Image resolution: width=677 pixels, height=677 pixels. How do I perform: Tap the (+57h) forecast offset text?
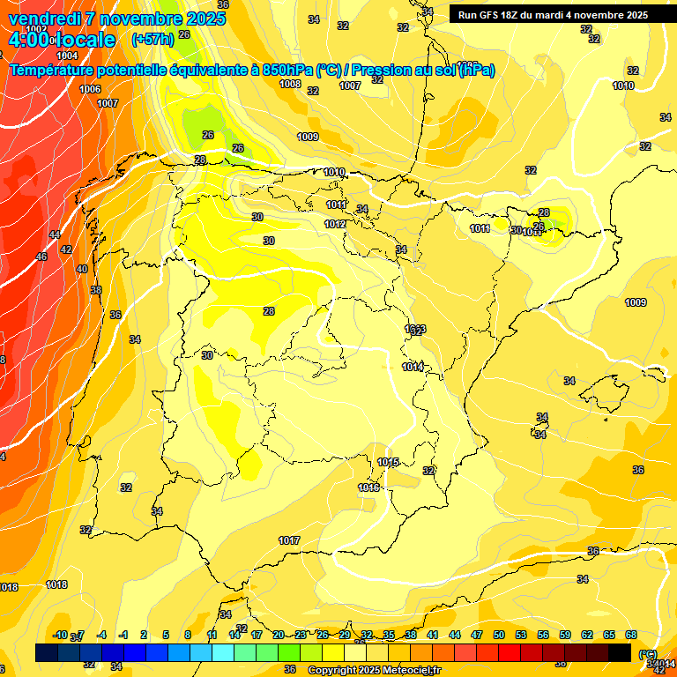(x=151, y=40)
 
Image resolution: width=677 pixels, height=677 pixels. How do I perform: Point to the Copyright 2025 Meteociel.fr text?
(x=374, y=670)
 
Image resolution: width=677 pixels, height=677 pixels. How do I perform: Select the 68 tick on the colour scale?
(x=631, y=635)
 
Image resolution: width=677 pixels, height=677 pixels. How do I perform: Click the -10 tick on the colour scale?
(x=60, y=635)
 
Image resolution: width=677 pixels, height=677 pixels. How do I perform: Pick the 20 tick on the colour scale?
(x=279, y=635)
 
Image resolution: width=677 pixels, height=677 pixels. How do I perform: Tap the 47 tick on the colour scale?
(x=477, y=635)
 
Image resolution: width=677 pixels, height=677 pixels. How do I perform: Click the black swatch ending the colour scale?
(x=620, y=652)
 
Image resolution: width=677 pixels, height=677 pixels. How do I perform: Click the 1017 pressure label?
(x=289, y=540)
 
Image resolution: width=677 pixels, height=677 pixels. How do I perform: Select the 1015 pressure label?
(x=388, y=462)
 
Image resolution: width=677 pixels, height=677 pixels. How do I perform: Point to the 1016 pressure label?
(x=368, y=487)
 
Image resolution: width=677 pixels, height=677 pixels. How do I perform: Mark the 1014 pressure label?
(x=413, y=367)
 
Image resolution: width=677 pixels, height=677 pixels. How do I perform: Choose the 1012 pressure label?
(x=335, y=224)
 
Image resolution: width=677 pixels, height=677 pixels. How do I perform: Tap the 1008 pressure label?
(x=290, y=84)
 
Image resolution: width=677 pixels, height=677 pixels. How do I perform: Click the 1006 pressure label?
(x=90, y=89)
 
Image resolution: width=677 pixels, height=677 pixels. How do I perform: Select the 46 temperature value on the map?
(x=41, y=257)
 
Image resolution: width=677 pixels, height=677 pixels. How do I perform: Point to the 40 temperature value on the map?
(x=82, y=269)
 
